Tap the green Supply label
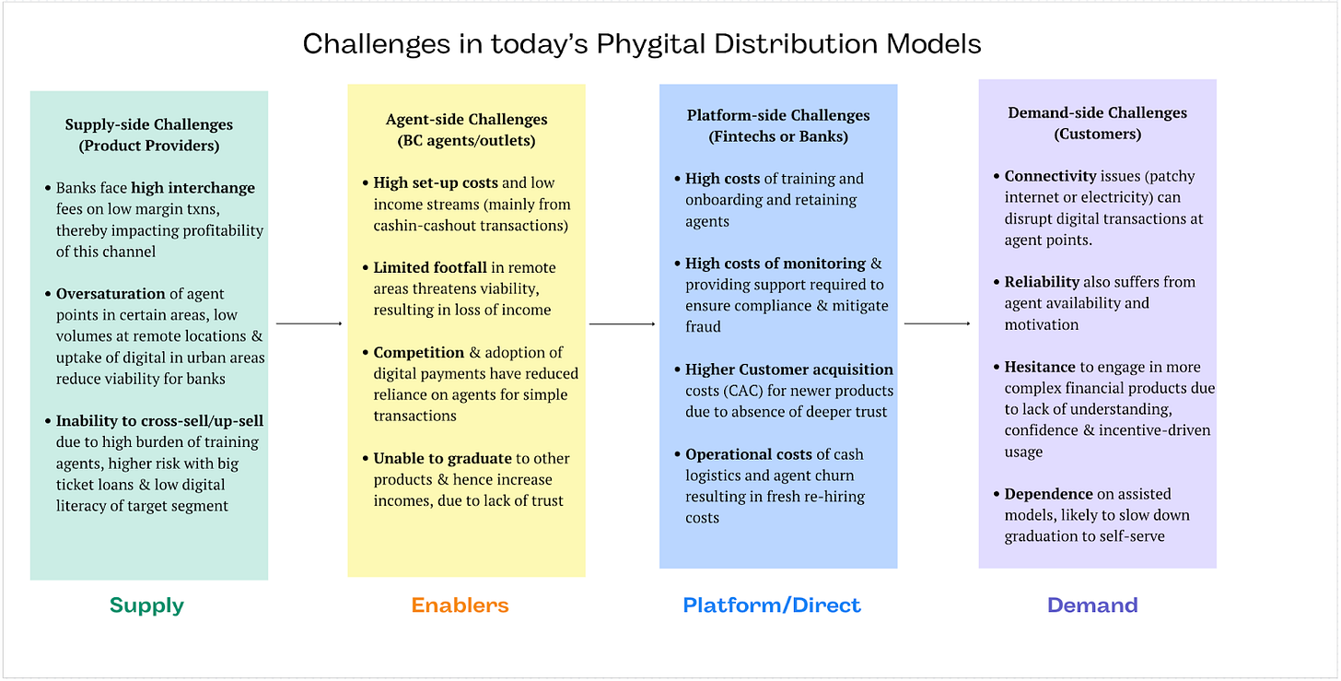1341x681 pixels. (x=146, y=605)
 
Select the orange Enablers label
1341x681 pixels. (x=460, y=605)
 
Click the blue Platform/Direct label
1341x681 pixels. (x=772, y=605)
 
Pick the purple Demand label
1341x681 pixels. (x=1092, y=605)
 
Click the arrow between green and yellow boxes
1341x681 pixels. (x=309, y=323)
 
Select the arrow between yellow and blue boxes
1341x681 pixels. (x=622, y=323)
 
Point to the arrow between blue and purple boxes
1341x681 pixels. (x=938, y=323)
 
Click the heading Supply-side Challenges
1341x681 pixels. (x=148, y=124)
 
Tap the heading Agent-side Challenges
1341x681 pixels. (x=466, y=120)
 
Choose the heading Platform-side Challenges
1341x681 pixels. (x=778, y=115)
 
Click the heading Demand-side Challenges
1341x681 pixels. (x=1097, y=112)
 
